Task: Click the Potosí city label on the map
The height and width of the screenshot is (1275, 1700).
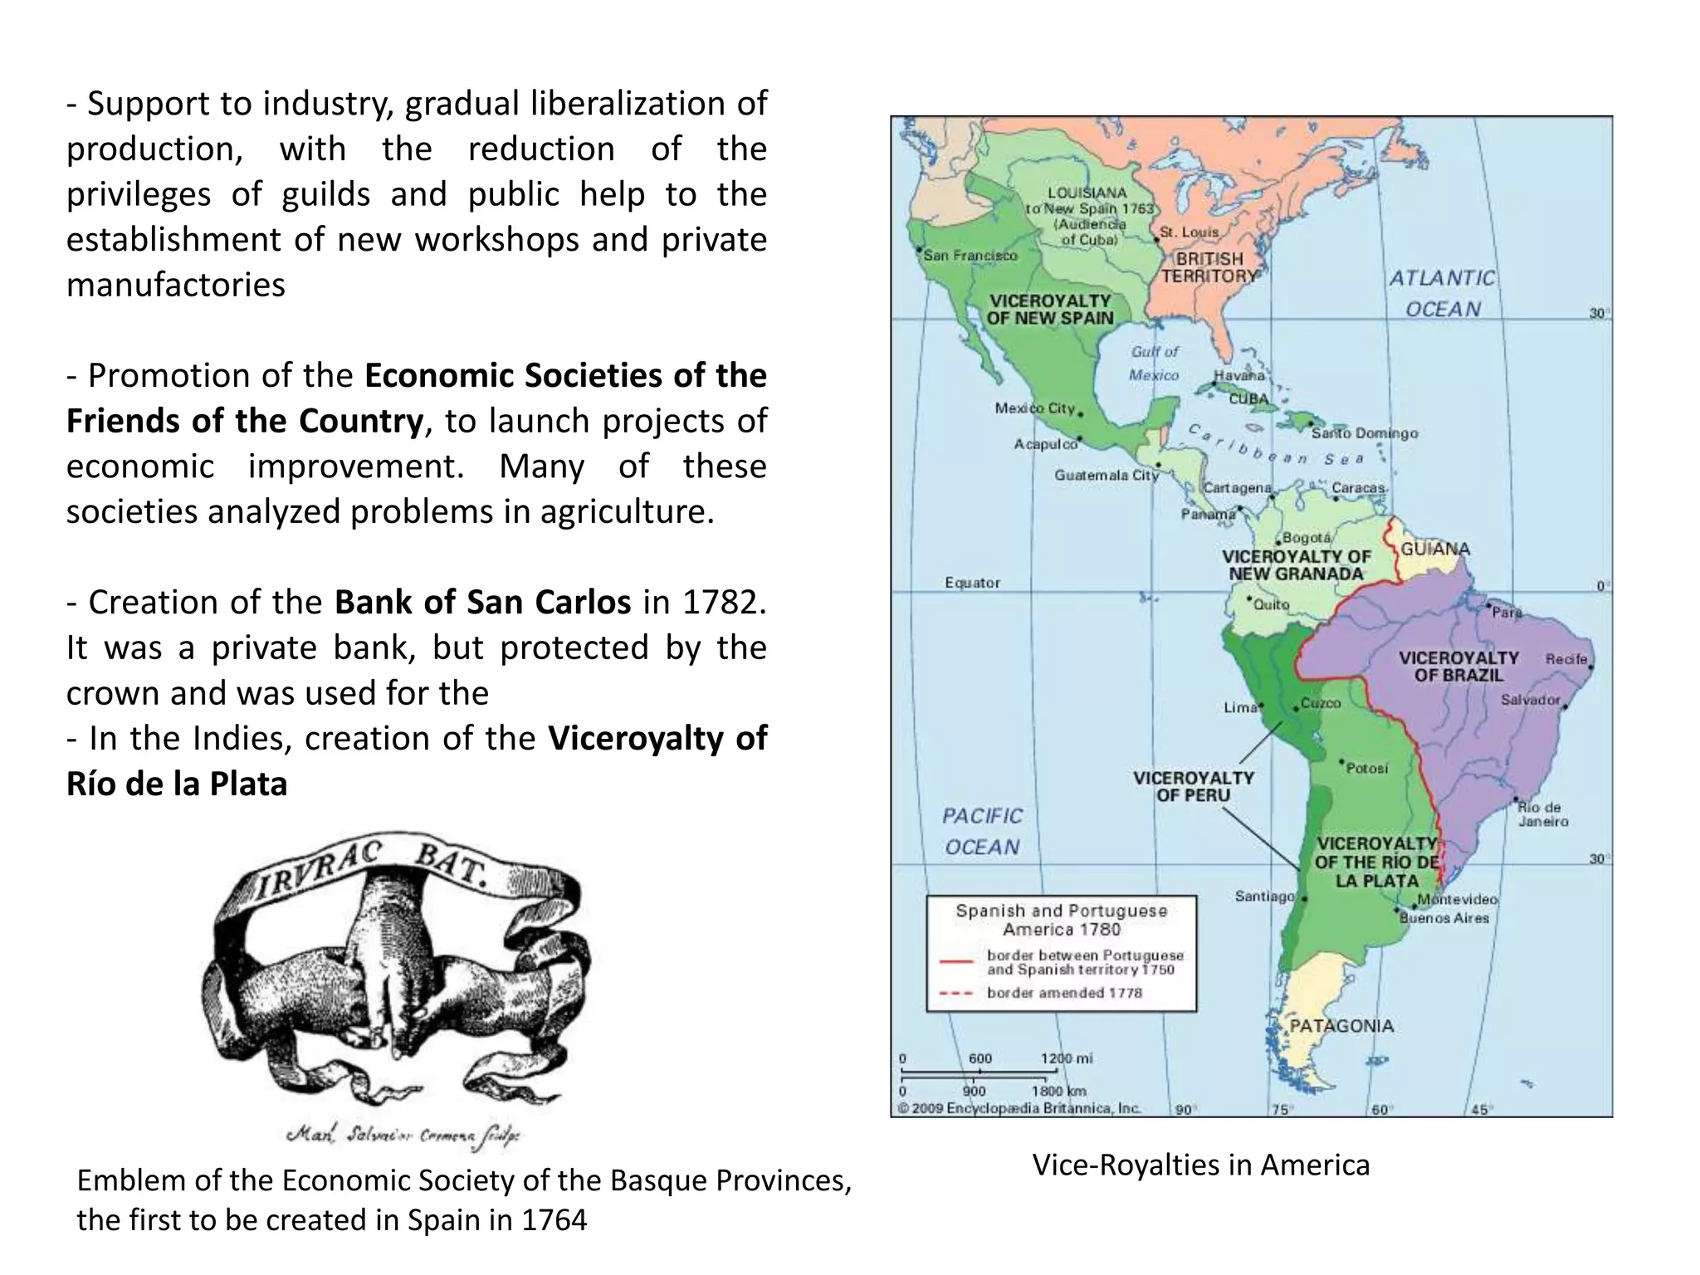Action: point(1366,768)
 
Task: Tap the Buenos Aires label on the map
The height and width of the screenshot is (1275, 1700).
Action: point(1444,918)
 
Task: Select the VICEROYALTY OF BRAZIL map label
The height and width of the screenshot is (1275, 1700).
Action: point(1458,667)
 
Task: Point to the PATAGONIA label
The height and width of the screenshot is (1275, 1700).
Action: point(1341,1026)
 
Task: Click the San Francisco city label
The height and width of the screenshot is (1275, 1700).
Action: point(970,256)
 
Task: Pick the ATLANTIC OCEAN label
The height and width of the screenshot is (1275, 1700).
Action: point(1443,293)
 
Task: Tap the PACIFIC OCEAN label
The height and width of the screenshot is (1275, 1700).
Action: point(982,831)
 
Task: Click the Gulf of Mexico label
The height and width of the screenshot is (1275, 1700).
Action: point(1154,363)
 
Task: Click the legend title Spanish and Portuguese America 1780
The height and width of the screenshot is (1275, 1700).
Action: point(1061,920)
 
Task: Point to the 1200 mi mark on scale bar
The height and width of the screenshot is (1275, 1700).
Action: point(1067,1058)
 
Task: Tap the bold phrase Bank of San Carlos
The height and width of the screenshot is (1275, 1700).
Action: point(482,602)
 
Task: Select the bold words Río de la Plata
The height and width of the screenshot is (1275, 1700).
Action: point(177,784)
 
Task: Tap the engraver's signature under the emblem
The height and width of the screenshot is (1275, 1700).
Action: point(402,1135)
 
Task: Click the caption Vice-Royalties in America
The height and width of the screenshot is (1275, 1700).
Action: point(1200,1165)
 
